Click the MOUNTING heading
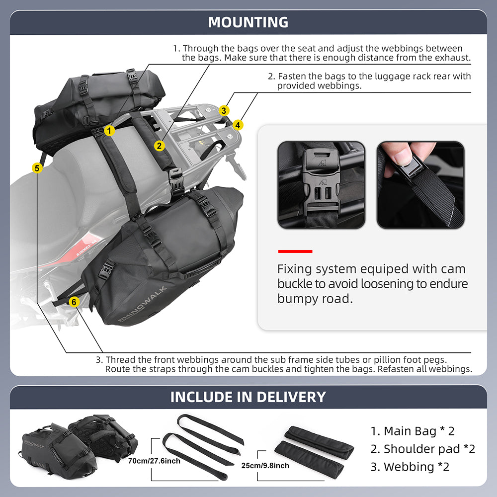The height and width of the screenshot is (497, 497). tap(248, 22)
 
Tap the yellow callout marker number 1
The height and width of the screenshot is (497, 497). tap(110, 131)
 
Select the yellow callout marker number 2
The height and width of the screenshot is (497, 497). tap(159, 146)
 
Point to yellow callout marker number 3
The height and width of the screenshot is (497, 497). tap(225, 110)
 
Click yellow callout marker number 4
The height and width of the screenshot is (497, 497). tap(239, 125)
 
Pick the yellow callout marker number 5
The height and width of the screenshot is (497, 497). tap(36, 168)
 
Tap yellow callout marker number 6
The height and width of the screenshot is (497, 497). tap(74, 302)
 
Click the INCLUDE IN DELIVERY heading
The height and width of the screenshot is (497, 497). tap(248, 397)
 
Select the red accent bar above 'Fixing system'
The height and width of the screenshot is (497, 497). tap(295, 251)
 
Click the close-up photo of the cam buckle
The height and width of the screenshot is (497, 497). tap(321, 185)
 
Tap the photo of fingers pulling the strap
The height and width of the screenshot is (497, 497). tap(420, 185)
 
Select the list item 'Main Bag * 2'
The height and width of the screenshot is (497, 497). tap(413, 431)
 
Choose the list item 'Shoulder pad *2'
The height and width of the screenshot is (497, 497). tap(422, 449)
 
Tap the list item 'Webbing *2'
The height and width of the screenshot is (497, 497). tap(410, 467)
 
